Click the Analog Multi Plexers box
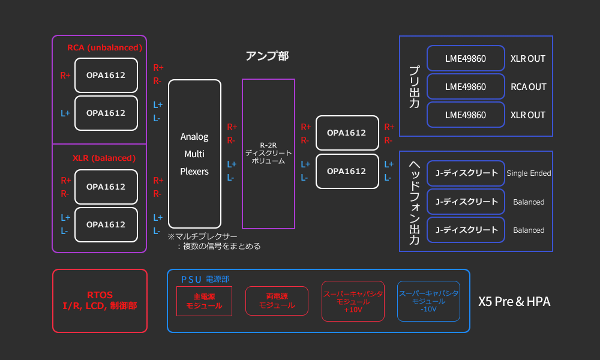coord(194,154)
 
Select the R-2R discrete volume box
coord(268,154)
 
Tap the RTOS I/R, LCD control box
coord(100,301)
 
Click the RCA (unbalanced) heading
coord(105,47)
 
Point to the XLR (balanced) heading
coord(104,158)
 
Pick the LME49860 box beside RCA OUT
coord(466,86)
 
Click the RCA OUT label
coord(528,86)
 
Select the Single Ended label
coord(529,173)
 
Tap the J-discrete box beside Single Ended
coord(466,173)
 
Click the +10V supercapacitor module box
coord(353,301)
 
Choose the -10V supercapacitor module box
coord(428,301)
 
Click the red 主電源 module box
coord(204,301)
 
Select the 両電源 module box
coord(277,301)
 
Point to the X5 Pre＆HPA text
coord(514,301)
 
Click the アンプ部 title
coord(267,56)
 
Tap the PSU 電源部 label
coord(205,279)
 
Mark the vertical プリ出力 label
coord(414,86)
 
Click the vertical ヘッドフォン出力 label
coord(414,202)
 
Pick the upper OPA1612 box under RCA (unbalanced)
coord(106,75)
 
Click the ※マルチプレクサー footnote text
coord(214,241)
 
